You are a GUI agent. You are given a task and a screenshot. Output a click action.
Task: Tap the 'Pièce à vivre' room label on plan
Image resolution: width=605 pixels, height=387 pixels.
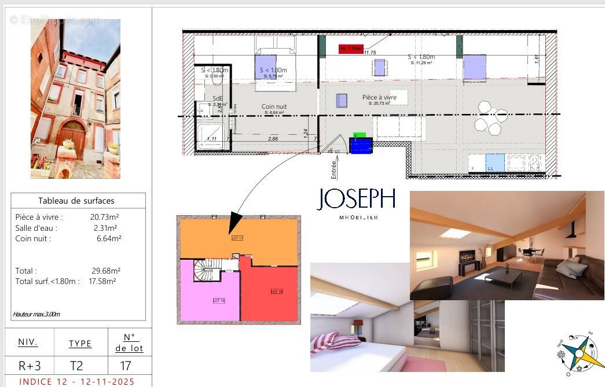[x=379, y=97]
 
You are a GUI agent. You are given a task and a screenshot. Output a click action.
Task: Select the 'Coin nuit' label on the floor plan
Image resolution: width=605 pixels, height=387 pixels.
[x=274, y=107]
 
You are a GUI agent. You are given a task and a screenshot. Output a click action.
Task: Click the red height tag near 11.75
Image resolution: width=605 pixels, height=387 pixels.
[x=351, y=49]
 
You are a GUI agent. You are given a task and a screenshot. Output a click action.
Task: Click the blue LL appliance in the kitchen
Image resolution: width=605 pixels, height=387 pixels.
[x=494, y=163]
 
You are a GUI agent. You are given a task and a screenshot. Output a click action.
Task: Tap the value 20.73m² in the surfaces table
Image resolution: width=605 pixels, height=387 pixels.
[x=105, y=217]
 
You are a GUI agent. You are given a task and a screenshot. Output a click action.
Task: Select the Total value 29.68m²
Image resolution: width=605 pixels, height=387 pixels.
[x=105, y=271]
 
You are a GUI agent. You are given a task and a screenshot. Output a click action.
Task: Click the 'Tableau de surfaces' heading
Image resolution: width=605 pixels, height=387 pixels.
[x=76, y=201]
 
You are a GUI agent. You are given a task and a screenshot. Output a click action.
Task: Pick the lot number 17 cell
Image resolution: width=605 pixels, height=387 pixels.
[x=126, y=366]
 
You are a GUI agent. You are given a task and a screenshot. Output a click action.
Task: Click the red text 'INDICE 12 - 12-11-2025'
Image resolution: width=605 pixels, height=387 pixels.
[x=77, y=382]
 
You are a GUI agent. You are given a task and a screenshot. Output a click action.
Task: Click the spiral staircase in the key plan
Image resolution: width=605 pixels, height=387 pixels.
[x=205, y=270]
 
